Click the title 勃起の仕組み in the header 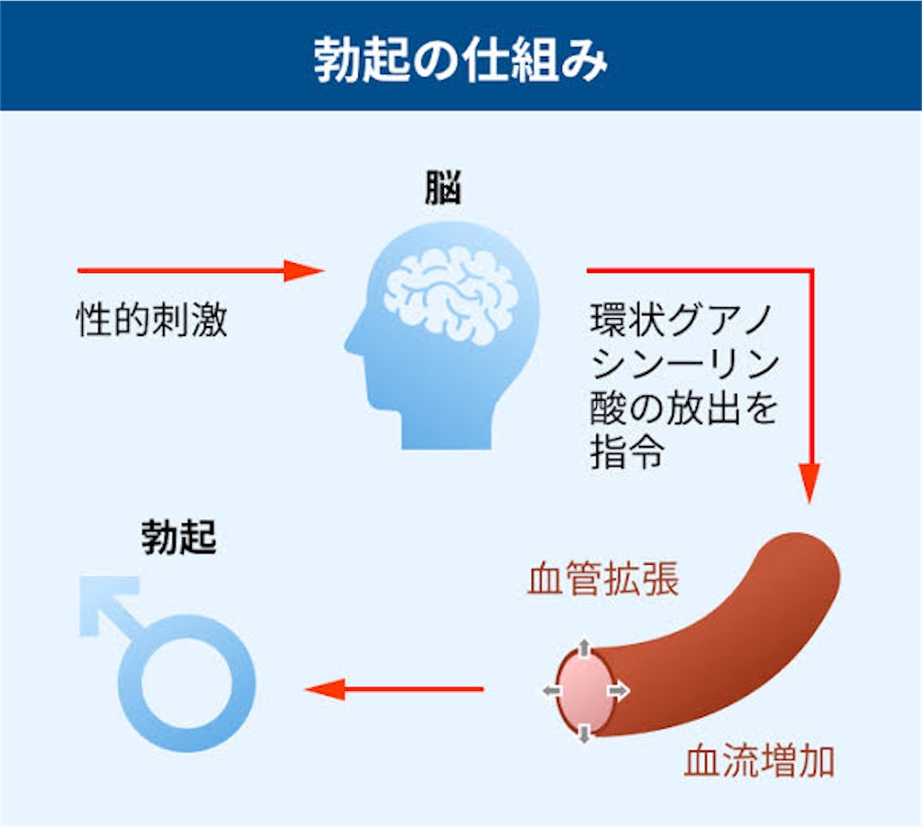point(460,60)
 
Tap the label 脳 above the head point(443,187)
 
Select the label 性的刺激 point(151,321)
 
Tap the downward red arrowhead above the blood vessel point(809,483)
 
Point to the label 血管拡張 point(602,579)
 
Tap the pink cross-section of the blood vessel point(584,691)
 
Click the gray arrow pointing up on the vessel point(583,648)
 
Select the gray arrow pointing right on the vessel point(619,691)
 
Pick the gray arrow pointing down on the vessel point(583,734)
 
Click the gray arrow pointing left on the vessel point(552,691)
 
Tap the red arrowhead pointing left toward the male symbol point(324,689)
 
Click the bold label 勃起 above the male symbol point(179,537)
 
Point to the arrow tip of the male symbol point(88,586)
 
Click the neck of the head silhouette point(447,430)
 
